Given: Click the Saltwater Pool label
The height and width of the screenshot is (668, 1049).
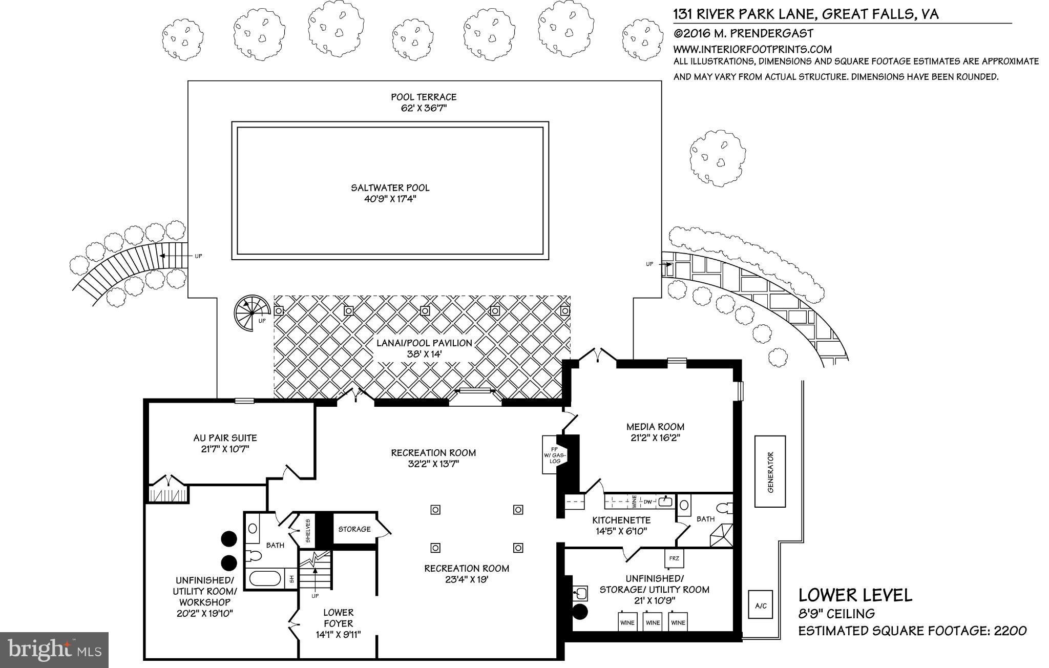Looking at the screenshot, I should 390,188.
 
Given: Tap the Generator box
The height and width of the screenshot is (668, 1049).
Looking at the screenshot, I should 770,471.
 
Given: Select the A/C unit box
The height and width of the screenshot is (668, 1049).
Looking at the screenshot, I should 761,606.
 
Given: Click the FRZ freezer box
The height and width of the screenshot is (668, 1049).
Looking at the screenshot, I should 674,558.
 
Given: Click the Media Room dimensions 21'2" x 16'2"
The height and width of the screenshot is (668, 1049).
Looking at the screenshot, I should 655,438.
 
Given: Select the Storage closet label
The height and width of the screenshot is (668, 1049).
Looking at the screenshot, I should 354,529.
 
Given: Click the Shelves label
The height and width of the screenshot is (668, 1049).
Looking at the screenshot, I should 308,531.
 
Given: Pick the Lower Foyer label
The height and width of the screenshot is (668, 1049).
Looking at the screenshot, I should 338,618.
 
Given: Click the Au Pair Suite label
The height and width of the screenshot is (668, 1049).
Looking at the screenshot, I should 225,438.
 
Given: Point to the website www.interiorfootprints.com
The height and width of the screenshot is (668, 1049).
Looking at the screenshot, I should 752,50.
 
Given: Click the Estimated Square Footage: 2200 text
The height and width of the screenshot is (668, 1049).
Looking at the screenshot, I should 912,631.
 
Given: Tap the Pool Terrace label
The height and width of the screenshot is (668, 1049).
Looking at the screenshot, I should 424,97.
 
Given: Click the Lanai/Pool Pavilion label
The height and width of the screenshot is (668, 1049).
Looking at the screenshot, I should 424,343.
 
